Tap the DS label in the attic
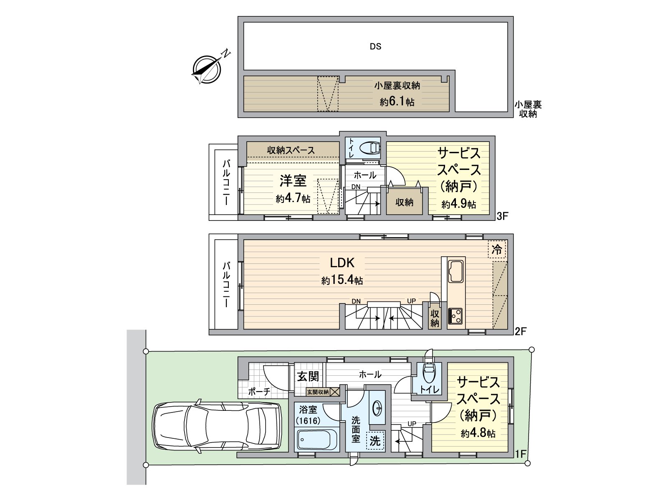[375, 46]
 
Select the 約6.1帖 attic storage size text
[397, 101]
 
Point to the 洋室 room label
[293, 181]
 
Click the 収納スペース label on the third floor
[291, 150]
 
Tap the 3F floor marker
[502, 216]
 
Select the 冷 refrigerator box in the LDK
[497, 250]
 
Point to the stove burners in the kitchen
[455, 316]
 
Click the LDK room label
[342, 263]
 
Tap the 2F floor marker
[520, 331]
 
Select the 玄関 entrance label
[308, 376]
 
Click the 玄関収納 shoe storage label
[318, 392]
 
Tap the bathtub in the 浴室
[317, 439]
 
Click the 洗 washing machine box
[375, 440]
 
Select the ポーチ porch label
[259, 392]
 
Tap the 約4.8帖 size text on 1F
[478, 433]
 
